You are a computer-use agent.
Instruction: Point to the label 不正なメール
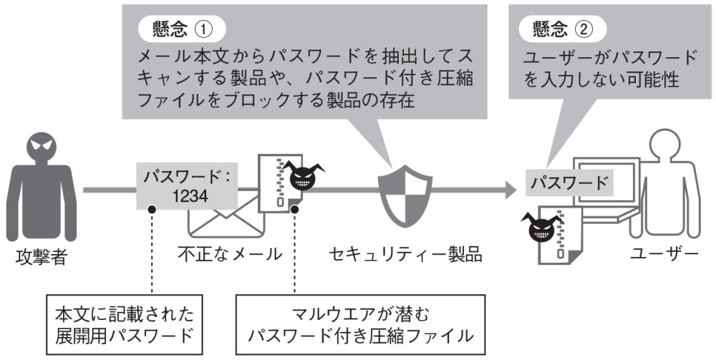click(x=229, y=253)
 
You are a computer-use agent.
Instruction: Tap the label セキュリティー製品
click(x=404, y=253)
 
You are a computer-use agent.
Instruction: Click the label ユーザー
click(x=665, y=253)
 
